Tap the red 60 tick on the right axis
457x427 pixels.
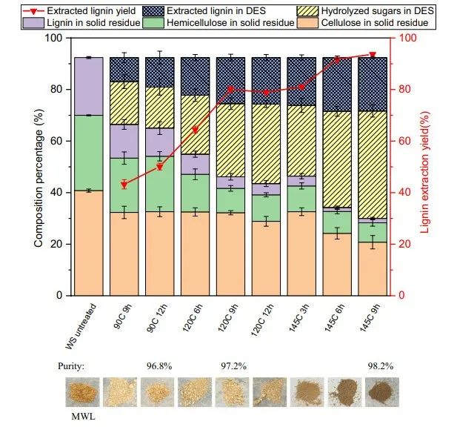tap(405, 141)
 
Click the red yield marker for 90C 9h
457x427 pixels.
tap(124, 184)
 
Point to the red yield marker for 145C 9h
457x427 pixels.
tap(373, 55)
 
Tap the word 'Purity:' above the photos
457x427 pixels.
tap(73, 366)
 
